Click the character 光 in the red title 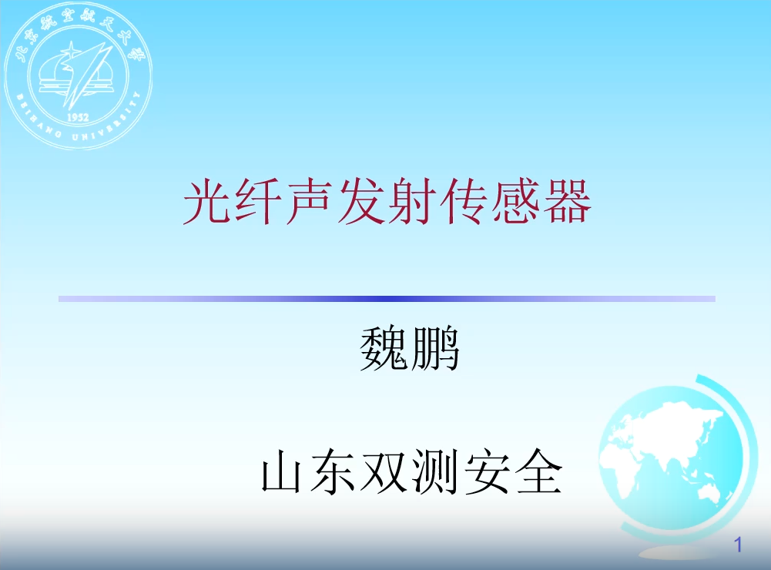[207, 202]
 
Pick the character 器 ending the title [566, 202]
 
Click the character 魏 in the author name [384, 349]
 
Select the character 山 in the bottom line [281, 471]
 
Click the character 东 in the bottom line [333, 471]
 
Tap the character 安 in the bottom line [488, 471]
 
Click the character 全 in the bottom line [539, 471]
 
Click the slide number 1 [738, 545]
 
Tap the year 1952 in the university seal [78, 117]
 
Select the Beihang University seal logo [78, 75]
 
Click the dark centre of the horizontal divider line [387, 299]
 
